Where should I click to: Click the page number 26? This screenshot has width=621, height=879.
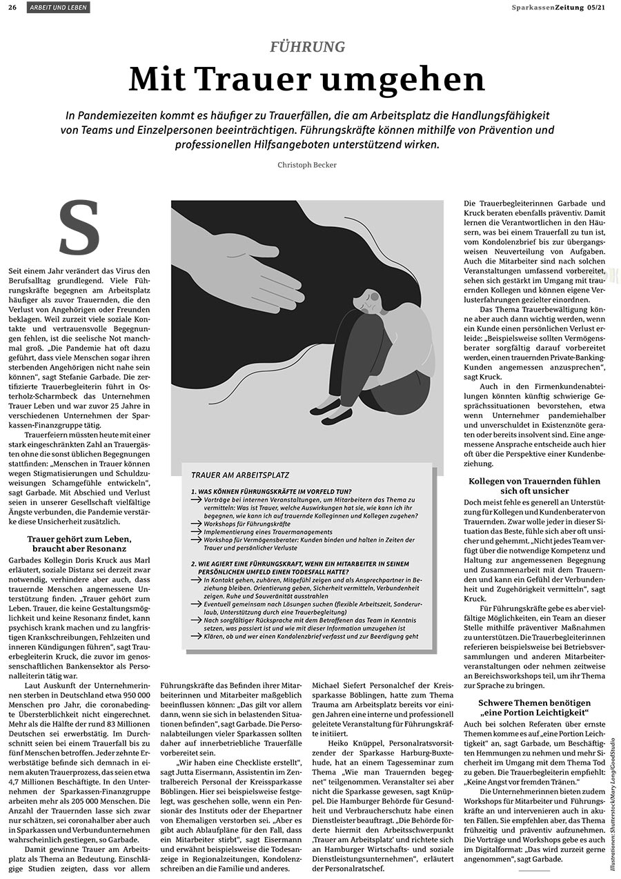coord(12,7)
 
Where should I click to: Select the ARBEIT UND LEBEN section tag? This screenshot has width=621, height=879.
coord(59,7)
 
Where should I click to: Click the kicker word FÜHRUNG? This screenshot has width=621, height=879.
coord(307,47)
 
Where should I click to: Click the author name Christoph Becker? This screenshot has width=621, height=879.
coord(307,165)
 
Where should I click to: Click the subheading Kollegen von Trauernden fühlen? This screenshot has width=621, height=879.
coord(534,481)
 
